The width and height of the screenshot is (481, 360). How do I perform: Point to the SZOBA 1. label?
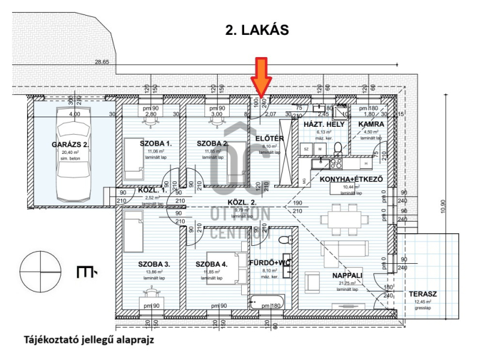point(156,144)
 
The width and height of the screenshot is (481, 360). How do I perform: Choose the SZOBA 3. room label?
point(155,264)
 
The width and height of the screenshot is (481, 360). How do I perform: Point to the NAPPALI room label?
point(348,275)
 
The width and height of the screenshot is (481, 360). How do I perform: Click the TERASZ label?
point(423,294)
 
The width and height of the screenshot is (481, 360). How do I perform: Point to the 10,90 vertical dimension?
point(444,207)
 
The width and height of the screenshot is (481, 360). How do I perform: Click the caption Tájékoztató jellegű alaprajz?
point(89,340)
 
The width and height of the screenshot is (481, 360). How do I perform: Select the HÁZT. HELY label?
point(319,124)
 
